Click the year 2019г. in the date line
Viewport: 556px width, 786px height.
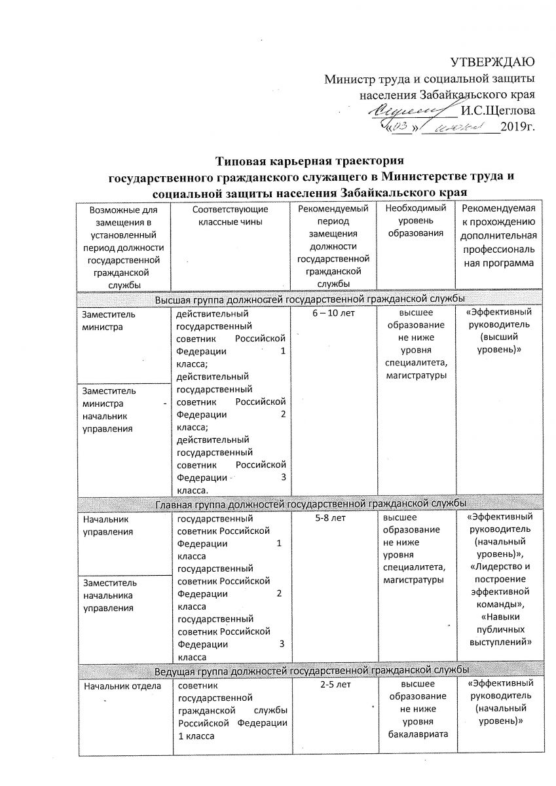point(517,126)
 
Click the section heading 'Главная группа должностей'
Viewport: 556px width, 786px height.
point(310,504)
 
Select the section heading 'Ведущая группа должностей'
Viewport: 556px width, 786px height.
point(310,671)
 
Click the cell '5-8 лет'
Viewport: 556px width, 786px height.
point(334,517)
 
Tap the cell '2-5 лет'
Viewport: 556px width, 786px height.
point(334,685)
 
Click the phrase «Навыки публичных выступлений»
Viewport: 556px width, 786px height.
point(501,629)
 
